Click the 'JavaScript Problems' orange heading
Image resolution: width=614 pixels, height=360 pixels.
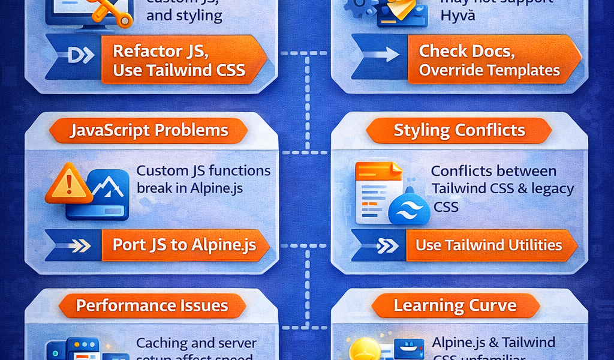coord(148,130)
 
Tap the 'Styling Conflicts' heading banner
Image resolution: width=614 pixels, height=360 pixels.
coord(459,130)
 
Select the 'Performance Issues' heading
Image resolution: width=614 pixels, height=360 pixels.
coord(152,306)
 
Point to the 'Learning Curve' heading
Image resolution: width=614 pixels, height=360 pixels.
coord(455,306)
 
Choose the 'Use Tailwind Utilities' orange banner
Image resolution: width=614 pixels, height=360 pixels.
coord(488,245)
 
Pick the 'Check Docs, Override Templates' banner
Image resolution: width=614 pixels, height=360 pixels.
coord(489,61)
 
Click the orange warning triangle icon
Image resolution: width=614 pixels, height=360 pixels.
coord(69,185)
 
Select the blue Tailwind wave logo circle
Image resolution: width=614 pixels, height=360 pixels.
coord(410,208)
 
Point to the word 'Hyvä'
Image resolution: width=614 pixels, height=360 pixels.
coord(458,16)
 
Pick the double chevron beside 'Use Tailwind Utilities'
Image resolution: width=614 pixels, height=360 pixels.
coord(387,245)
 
